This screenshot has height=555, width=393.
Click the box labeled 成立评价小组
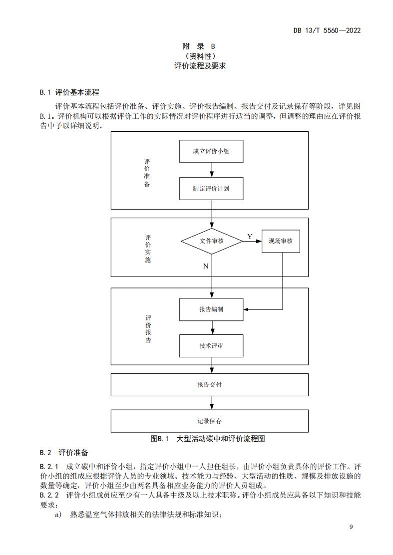coord(211,151)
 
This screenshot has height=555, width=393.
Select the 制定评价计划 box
coord(211,189)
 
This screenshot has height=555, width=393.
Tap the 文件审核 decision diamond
coord(212,241)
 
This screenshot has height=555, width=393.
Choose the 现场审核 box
coord(280,241)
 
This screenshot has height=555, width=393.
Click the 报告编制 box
coord(211,309)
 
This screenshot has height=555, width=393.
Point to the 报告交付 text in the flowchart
coord(209,385)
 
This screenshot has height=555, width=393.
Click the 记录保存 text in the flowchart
coord(209,421)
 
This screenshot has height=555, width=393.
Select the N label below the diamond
coord(205,266)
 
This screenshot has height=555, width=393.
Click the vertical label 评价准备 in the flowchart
coord(147,173)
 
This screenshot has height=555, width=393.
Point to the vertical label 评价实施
coord(147,249)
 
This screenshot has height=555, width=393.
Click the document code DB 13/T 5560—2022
coord(327,30)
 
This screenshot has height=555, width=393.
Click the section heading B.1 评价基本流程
coord(69,92)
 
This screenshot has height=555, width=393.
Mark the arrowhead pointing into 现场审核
coord(259,241)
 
